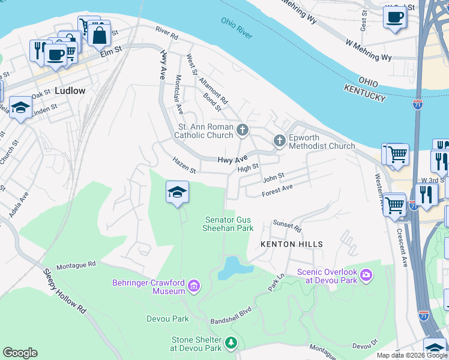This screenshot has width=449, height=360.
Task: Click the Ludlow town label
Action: pyautogui.click(x=70, y=91)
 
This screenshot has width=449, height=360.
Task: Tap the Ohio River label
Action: pyautogui.click(x=236, y=28)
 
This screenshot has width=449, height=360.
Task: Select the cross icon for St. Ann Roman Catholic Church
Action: pyautogui.click(x=242, y=130)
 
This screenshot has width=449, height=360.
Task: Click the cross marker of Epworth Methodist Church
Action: pyautogui.click(x=279, y=141)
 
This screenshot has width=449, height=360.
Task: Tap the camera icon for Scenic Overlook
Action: pyautogui.click(x=366, y=275)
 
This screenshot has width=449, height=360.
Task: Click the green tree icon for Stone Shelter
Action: pyautogui.click(x=231, y=343)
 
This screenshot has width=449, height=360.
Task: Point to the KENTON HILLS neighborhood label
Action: pyautogui.click(x=292, y=244)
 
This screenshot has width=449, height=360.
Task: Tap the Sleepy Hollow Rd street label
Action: pyautogui.click(x=64, y=290)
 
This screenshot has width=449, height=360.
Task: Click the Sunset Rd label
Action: pyautogui.click(x=286, y=225)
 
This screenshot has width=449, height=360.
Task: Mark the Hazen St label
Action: pyautogui.click(x=184, y=165)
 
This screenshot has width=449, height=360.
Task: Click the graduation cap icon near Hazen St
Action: pyautogui.click(x=177, y=192)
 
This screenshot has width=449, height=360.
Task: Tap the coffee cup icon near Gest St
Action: pyautogui.click(x=394, y=17)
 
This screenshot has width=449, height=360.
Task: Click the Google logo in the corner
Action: pyautogui.click(x=20, y=353)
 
